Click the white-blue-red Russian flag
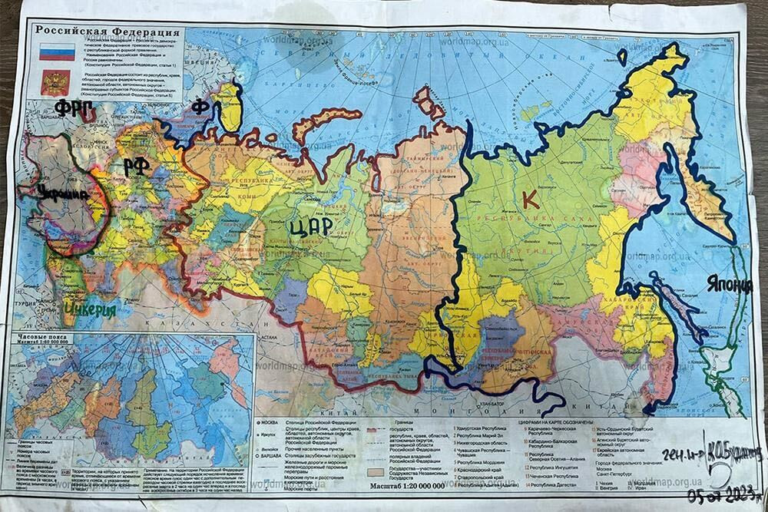click(x=57, y=51)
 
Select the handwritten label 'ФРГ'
click(x=74, y=107)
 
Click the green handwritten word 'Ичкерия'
click(x=90, y=310)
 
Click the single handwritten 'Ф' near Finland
click(x=200, y=106)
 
